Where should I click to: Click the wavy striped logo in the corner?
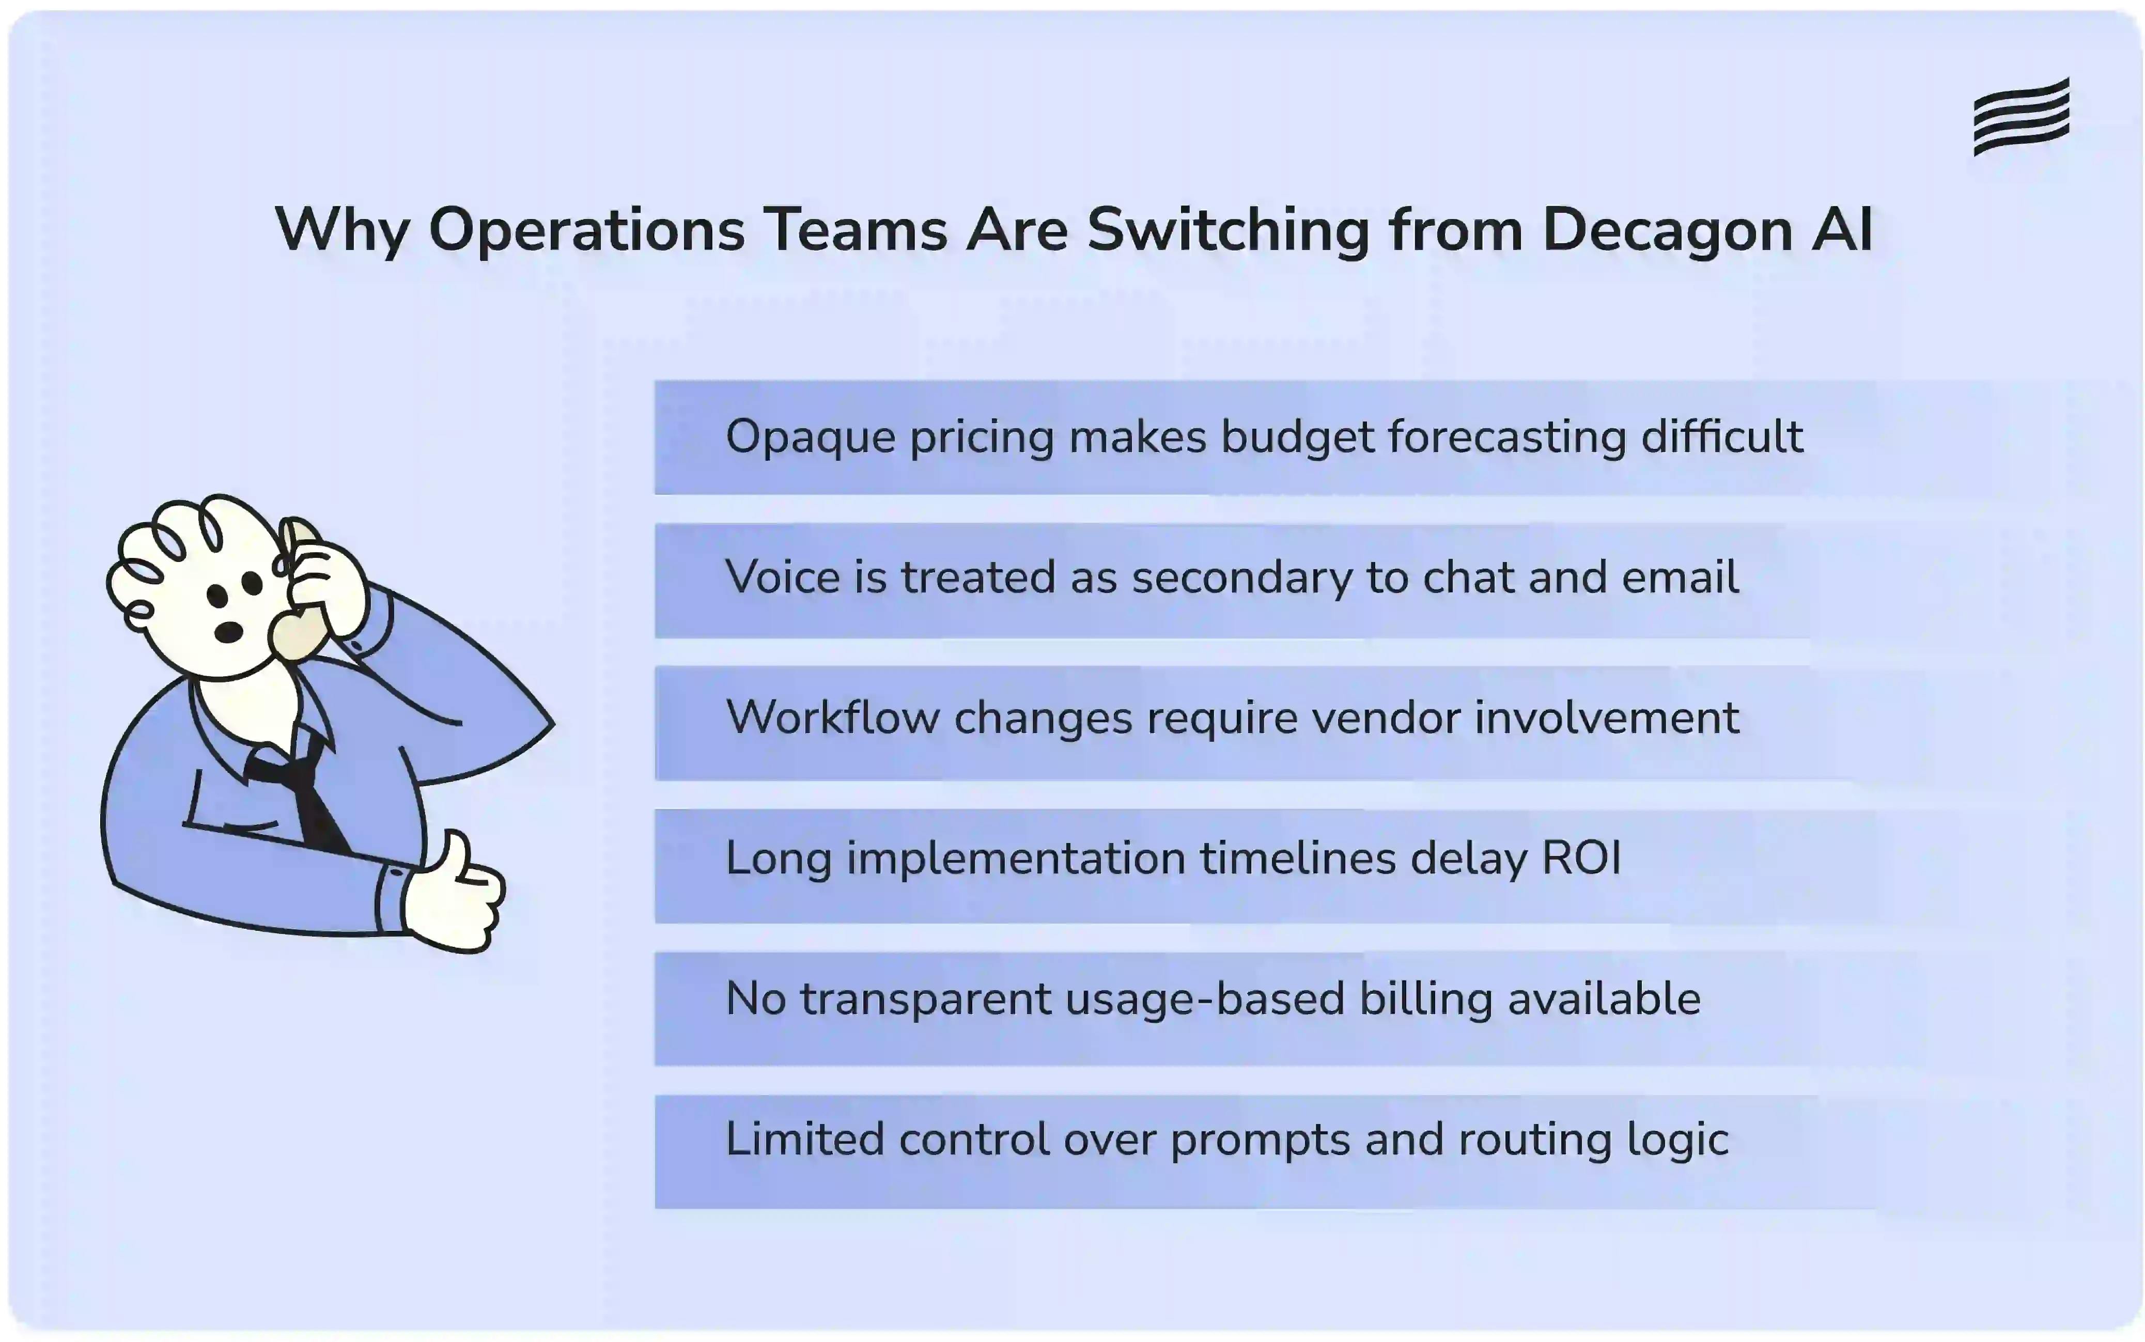tap(2021, 116)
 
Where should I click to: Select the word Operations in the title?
tap(586, 230)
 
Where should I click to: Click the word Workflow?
tap(832, 718)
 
